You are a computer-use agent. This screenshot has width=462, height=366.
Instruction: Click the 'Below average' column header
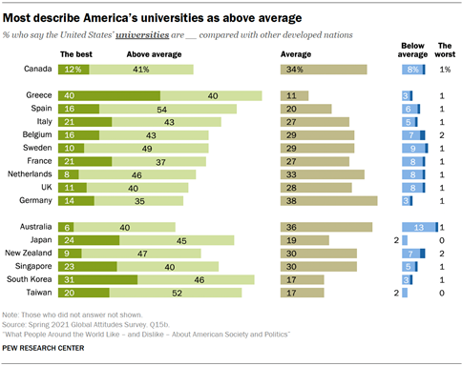coord(414,50)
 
